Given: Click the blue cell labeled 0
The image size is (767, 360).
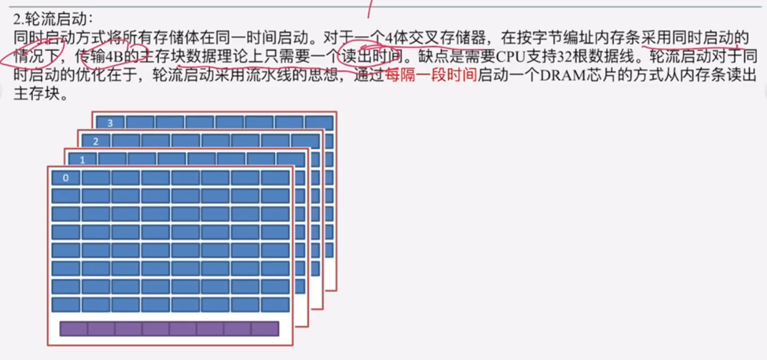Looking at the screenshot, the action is click(65, 178).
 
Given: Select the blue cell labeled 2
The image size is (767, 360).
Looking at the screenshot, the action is click(95, 141).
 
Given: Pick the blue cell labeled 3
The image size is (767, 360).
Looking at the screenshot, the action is click(110, 123).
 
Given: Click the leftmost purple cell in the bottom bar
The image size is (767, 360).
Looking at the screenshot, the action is click(73, 329).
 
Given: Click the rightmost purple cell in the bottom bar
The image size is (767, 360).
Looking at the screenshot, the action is click(265, 329).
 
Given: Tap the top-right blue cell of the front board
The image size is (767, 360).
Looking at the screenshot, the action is click(275, 178).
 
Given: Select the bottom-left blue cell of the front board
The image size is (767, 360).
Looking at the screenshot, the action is click(65, 304).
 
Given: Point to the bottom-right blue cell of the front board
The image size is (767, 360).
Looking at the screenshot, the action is click(275, 304).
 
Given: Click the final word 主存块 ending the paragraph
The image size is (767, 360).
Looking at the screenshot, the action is click(38, 95).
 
